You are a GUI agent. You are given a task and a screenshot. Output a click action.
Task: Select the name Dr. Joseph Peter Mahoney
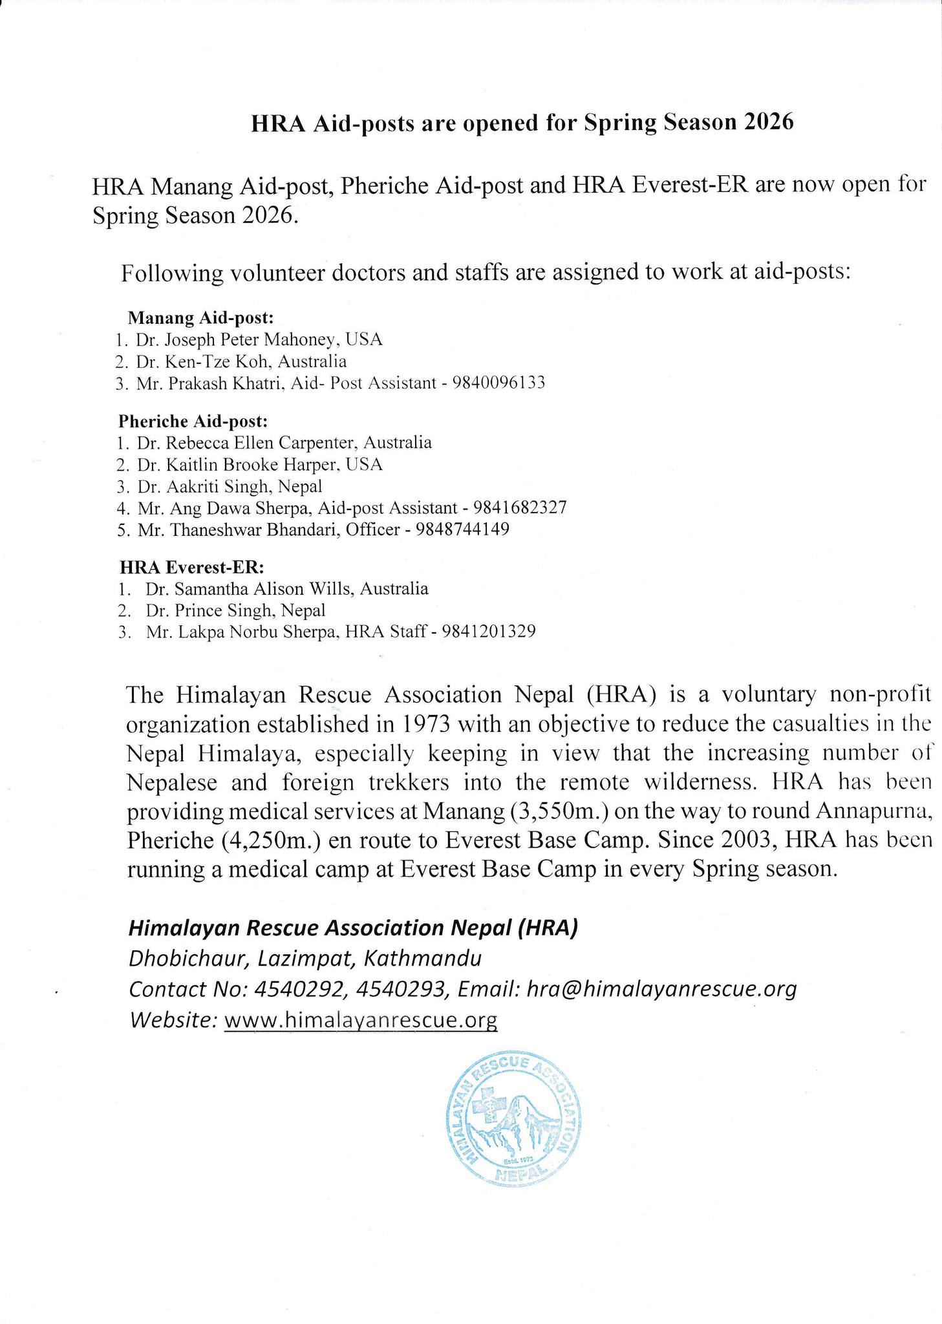(237, 339)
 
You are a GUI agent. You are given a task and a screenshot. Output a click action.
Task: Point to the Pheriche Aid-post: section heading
(193, 422)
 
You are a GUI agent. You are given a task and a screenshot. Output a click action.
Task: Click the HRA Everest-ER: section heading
(192, 568)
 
